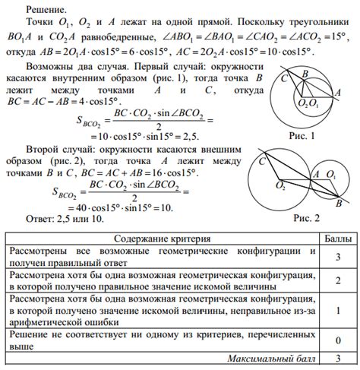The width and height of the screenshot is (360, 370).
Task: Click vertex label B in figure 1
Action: pos(303,74)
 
